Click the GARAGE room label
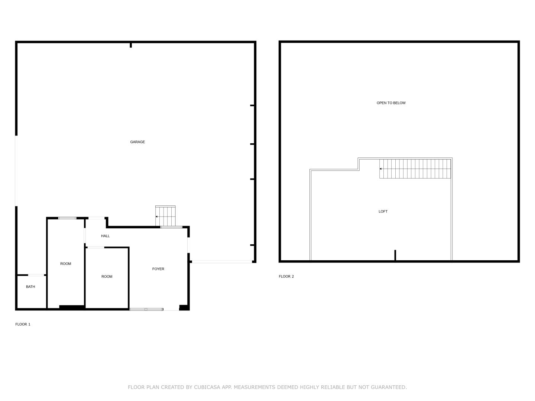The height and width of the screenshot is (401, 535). click(137, 142)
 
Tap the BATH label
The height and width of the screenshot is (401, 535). click(30, 287)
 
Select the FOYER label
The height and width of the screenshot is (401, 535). click(158, 269)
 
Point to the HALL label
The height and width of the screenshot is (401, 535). click(105, 236)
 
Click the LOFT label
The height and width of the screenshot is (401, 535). click(383, 212)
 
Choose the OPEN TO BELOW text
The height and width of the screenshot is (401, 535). click(391, 103)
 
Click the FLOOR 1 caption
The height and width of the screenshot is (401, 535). click(23, 324)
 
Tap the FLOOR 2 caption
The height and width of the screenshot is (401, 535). click(286, 276)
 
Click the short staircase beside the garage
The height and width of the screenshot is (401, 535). click(165, 216)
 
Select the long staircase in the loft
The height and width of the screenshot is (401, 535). click(415, 169)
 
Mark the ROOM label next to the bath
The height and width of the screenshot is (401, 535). click(65, 264)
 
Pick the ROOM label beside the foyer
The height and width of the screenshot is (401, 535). click(107, 277)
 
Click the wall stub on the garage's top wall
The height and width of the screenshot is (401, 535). click(131, 45)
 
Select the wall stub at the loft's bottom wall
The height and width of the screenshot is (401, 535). click(395, 255)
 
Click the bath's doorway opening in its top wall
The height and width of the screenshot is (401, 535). click(36, 275)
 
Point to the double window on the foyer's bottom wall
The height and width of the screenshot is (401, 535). click(146, 309)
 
